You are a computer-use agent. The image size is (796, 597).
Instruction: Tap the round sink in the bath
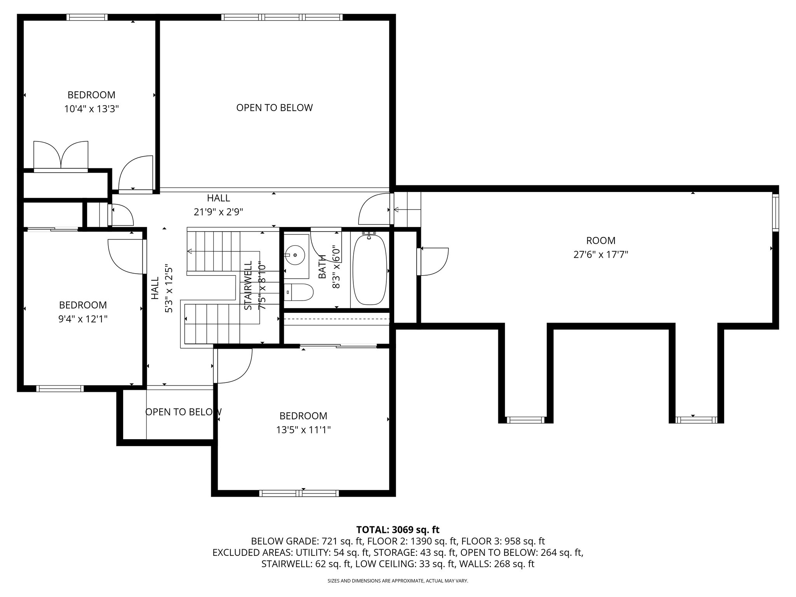tap(295, 255)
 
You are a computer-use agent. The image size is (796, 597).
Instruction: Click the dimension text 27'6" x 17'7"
tap(601, 255)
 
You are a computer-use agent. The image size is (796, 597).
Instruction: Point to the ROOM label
tap(601, 241)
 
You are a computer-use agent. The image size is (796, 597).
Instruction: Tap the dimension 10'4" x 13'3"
tap(91, 109)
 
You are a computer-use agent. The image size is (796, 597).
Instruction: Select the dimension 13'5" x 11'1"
tap(304, 430)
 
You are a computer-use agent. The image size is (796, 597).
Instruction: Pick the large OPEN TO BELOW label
tap(274, 108)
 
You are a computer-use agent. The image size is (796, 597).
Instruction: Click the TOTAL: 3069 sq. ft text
tap(398, 529)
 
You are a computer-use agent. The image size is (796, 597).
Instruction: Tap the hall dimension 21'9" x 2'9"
tap(218, 212)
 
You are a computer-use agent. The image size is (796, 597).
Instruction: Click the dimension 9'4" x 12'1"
tap(83, 319)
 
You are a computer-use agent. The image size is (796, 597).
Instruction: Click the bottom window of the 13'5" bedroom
tap(299, 493)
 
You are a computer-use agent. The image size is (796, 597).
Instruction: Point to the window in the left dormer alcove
tap(525, 420)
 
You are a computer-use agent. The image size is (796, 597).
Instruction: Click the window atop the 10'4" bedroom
tap(87, 17)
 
